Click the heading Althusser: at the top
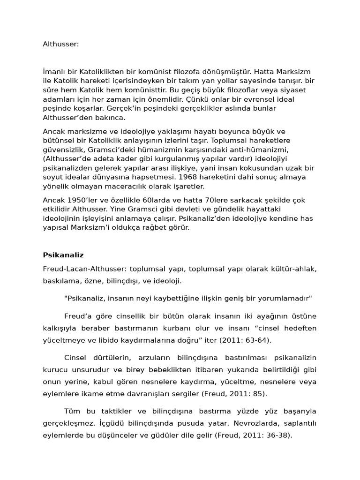click(x=61, y=44)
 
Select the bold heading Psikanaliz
click(x=63, y=255)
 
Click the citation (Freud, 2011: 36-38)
click(x=254, y=435)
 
